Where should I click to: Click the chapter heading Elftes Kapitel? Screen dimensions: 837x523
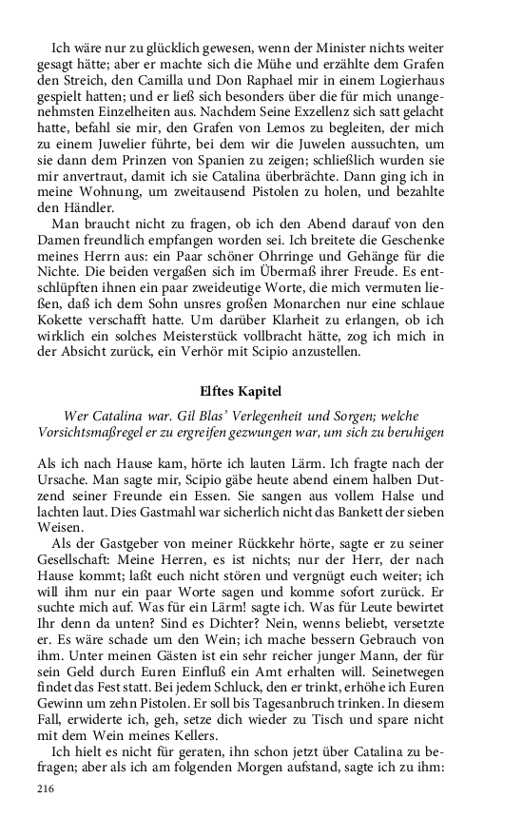click(261, 390)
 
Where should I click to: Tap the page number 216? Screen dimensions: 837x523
click(47, 789)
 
